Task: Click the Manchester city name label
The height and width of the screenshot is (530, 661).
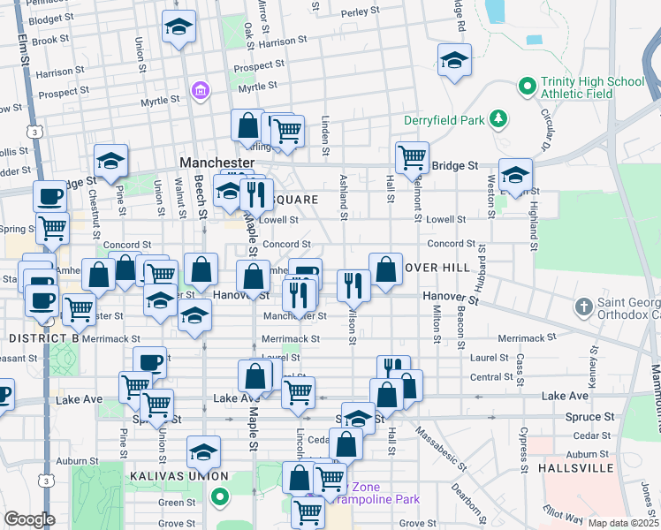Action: (217, 163)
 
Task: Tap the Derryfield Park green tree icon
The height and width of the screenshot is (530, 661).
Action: (499, 118)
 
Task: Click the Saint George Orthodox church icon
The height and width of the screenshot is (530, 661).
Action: (581, 308)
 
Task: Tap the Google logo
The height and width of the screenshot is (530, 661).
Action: (29, 519)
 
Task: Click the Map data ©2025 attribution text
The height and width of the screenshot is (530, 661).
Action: (623, 523)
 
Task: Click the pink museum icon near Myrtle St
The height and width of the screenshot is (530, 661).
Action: (201, 91)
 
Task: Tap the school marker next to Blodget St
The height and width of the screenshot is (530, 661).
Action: (179, 27)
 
